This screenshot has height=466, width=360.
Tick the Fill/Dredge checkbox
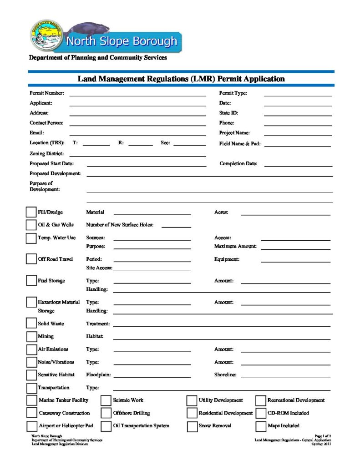pos(31,212)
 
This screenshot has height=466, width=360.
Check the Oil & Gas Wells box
pos(31,225)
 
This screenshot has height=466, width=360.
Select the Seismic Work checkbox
pos(106,400)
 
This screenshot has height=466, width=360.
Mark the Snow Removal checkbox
pos(192,426)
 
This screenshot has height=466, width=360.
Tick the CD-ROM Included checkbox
pos(261,413)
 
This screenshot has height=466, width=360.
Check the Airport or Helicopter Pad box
pos(31,426)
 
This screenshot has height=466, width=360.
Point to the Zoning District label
pos(47,154)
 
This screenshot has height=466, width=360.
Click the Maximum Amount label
pos(235,247)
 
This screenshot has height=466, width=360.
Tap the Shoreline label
pos(225,375)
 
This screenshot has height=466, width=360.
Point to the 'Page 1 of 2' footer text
pos(323,436)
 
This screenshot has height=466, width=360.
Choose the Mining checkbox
pos(31,337)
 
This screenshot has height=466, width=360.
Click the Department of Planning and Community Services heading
pos(98,58)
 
